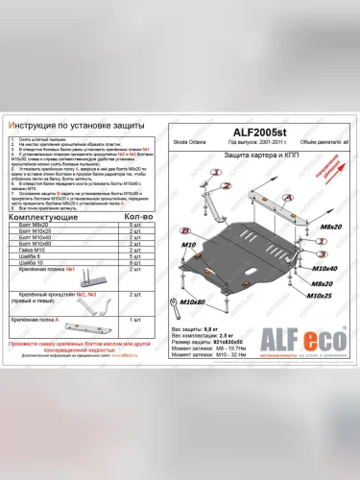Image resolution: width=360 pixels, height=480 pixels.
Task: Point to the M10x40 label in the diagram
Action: click(325, 271)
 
